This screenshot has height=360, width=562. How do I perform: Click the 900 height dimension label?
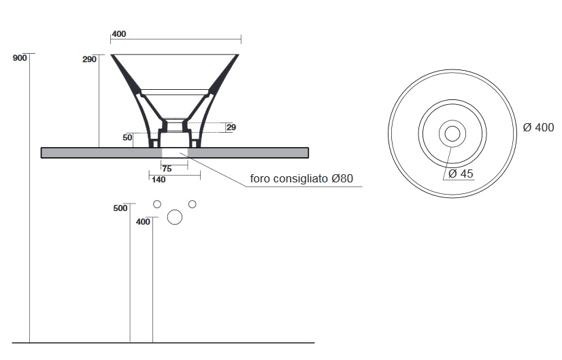coord(20,58)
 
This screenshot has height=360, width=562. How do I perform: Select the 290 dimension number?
coord(89,59)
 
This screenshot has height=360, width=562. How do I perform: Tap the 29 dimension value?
coord(231,127)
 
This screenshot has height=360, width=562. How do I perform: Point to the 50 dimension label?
coord(127,137)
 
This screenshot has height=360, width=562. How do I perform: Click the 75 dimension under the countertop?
coord(167,169)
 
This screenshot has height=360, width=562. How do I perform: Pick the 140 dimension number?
coord(159,179)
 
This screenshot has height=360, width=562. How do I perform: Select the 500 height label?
coord(120,208)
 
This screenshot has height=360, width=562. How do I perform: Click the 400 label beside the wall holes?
coord(143,222)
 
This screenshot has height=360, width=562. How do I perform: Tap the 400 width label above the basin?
coord(119,34)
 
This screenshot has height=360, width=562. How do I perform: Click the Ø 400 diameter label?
coord(538,127)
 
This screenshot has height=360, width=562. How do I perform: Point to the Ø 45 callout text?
coord(461,174)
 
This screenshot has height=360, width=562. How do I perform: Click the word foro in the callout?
coord(260,178)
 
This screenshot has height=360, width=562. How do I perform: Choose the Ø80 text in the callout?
coord(342,178)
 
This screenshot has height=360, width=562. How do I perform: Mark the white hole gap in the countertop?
coord(175,152)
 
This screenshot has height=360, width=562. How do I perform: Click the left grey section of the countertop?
coord(101,152)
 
